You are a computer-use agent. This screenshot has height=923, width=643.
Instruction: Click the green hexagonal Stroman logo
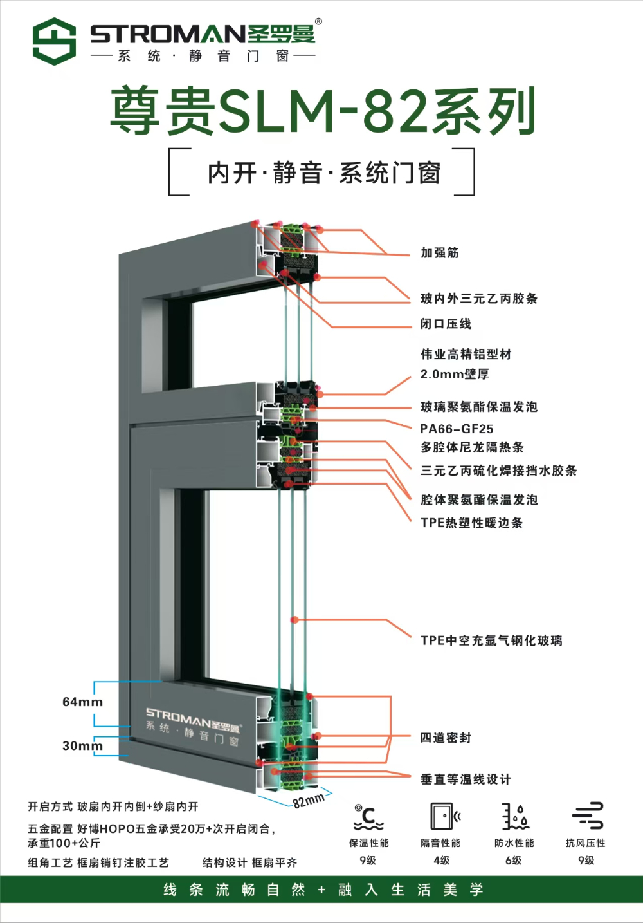pos(55,41)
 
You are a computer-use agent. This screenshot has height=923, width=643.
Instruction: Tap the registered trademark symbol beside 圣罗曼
pos(318,21)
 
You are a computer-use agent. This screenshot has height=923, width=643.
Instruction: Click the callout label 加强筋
pos(439,252)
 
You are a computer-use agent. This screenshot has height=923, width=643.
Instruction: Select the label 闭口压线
pos(446,324)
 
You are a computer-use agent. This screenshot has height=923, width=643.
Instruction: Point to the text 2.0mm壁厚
pos(455,374)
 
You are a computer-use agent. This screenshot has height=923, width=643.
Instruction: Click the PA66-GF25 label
pos(457,429)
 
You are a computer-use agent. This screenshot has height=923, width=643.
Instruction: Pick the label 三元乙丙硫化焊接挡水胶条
pos(498,471)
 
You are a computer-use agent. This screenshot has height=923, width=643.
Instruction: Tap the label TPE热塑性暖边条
pos(471,523)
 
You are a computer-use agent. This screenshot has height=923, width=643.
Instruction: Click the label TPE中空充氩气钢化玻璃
pos(491,640)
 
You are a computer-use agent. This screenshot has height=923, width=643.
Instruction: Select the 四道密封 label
pos(446,738)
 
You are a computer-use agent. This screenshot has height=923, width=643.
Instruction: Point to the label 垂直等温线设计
pos(466,779)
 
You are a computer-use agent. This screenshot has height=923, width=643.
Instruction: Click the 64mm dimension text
pos(82,702)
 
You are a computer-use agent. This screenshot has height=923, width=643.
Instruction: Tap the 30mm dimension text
pos(82,745)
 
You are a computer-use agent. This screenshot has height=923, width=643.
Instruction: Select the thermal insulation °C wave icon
pos(368,817)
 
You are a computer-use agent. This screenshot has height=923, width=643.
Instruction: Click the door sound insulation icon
pos(445,816)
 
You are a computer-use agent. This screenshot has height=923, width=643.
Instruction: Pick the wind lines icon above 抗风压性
pos(588,816)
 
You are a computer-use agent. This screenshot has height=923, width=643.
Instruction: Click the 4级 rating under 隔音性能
pos(441,861)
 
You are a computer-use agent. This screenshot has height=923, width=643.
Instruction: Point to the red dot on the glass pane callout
pos(294,619)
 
